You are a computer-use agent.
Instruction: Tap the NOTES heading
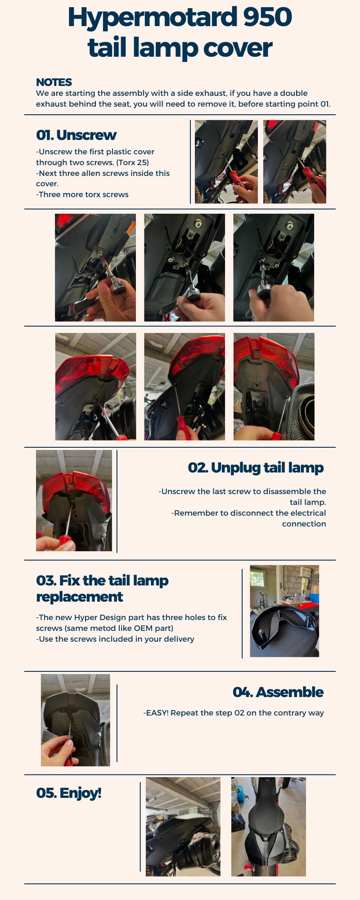tap(54, 82)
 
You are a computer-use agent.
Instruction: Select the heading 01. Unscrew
tap(76, 135)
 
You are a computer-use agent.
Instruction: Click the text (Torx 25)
tap(133, 162)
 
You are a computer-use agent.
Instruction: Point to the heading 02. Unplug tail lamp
tap(256, 468)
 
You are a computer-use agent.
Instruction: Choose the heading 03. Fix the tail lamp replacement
tap(102, 589)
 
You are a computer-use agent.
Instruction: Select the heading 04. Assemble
tap(278, 692)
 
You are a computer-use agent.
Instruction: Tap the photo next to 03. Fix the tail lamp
tap(284, 611)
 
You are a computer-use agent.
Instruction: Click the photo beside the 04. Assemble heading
tap(76, 720)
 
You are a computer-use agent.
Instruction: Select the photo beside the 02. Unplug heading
tap(74, 500)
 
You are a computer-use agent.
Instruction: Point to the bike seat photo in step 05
tap(269, 827)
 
